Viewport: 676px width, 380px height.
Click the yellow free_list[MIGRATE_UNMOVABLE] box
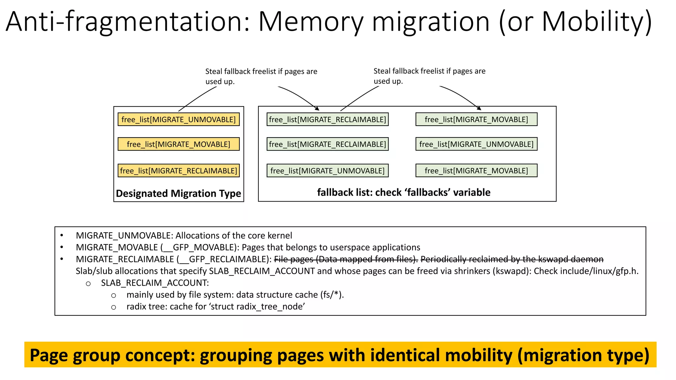pos(179,119)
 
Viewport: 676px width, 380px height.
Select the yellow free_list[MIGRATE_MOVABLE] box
pos(179,144)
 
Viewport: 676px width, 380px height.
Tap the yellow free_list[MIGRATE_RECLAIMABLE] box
pos(179,171)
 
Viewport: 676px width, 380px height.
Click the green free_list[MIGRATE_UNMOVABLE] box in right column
pos(476,144)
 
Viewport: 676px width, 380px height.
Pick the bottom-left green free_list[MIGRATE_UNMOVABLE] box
pos(327,171)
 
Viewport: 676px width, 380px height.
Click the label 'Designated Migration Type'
pos(179,193)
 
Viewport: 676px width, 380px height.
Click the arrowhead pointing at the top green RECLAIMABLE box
pos(317,109)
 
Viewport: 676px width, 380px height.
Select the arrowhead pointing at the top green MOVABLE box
pos(479,108)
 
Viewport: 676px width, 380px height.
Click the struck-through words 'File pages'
pos(293,259)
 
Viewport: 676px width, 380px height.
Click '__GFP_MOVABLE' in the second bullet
pos(199,247)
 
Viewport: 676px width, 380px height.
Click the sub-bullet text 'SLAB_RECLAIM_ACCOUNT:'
pos(155,283)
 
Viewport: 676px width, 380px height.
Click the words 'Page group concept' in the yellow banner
pos(112,355)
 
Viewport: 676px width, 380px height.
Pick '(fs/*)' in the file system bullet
pos(332,295)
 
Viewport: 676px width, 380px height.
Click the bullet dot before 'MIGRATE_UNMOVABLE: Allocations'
pos(61,236)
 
